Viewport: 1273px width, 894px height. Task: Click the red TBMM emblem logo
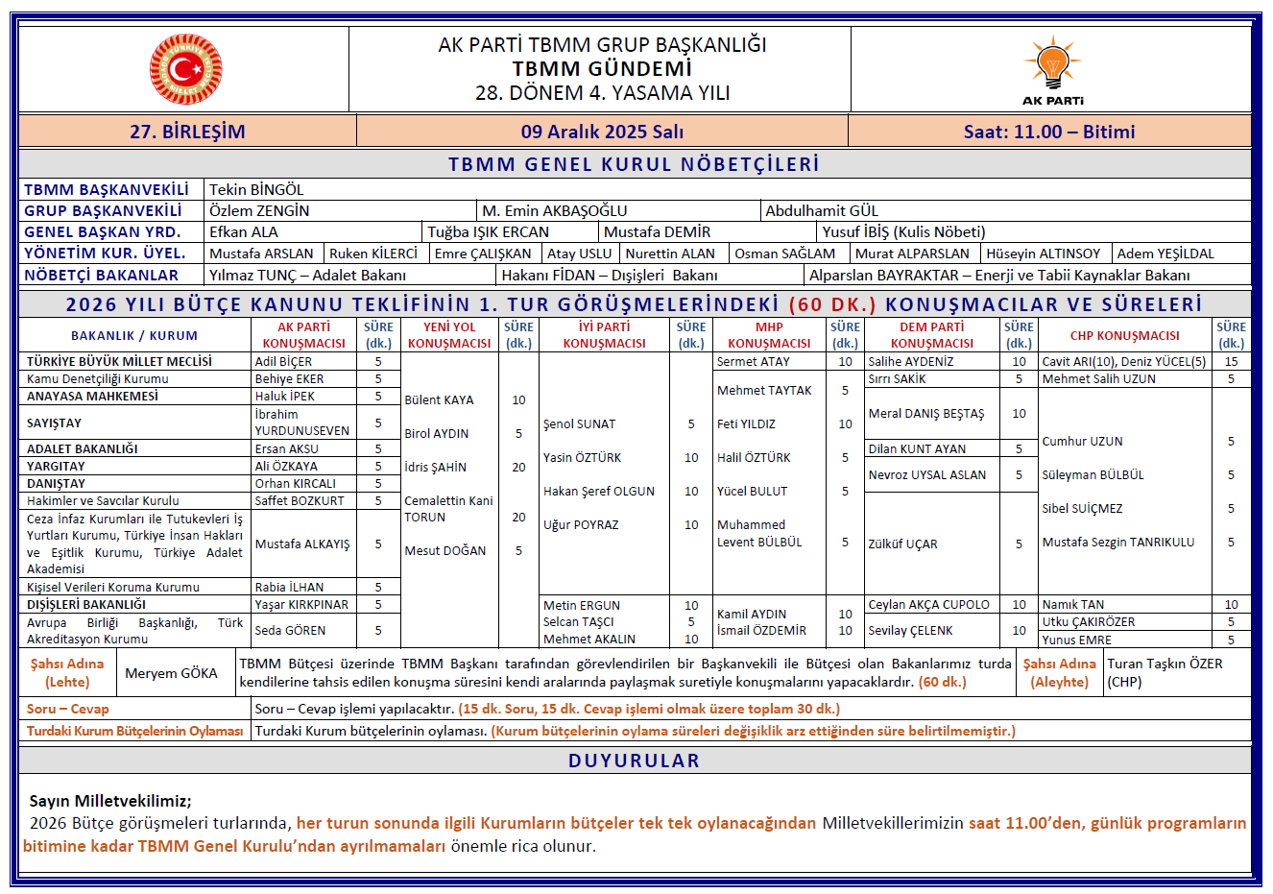[x=185, y=69]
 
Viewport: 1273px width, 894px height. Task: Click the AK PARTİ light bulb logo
[x=1052, y=64]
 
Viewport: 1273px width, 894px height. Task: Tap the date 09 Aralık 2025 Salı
[x=602, y=132]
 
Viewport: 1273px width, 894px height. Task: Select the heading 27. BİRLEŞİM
[x=187, y=132]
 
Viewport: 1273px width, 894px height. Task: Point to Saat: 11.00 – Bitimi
[x=1048, y=132]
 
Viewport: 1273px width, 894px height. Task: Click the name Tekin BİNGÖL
[x=256, y=190]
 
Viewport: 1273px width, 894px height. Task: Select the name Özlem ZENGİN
[x=259, y=210]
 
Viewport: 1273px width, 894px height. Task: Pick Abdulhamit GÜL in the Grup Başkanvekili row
[x=821, y=210]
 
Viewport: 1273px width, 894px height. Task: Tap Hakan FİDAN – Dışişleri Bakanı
[x=610, y=275]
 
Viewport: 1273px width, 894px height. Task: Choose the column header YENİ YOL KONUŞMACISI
[x=449, y=335]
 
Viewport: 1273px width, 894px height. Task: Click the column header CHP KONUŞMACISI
[x=1124, y=335]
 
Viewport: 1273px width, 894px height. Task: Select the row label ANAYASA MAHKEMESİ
[x=92, y=396]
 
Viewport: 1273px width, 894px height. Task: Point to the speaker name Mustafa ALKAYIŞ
[x=302, y=544]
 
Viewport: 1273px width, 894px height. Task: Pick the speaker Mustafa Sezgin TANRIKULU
[x=1118, y=542]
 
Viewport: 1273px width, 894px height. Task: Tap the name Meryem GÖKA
[x=171, y=673]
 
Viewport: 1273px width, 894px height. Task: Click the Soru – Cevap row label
[x=68, y=709]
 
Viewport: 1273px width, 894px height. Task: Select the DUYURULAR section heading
[x=634, y=761]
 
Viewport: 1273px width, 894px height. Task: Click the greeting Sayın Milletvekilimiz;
[x=110, y=801]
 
